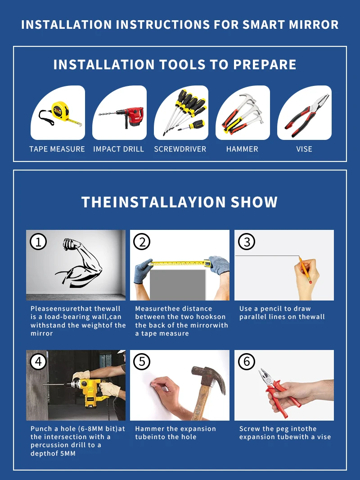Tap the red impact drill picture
[122, 117]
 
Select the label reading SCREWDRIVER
[180, 149]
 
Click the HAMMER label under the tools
[242, 149]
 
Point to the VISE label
[304, 149]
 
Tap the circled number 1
[38, 242]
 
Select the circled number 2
[142, 242]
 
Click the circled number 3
[247, 242]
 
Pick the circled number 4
[38, 362]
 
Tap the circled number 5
[142, 362]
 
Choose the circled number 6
[247, 362]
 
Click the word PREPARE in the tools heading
[265, 65]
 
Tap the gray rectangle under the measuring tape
[178, 285]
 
